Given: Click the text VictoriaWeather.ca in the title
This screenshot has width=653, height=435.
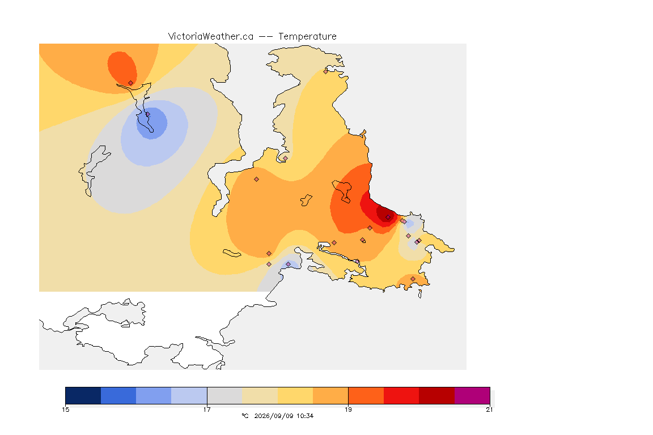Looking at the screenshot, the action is pos(211,37).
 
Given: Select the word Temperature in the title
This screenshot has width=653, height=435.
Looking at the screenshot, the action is pos(307,37).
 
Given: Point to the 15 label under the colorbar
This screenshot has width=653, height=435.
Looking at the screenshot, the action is pos(66,410).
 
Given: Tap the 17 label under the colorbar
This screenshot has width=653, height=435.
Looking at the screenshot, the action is pos(207,410).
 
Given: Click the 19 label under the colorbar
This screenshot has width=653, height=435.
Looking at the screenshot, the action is pos(348,410).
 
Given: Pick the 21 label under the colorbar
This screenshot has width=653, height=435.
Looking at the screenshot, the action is pos(489,410).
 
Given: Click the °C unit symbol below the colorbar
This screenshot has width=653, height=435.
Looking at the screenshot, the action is pos(245,416).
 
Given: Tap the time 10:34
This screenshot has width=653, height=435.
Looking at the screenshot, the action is pos(305,416).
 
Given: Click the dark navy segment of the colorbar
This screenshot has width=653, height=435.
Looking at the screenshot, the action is pos(83,395).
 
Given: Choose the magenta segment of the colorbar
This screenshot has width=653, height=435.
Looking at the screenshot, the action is pos(472,395).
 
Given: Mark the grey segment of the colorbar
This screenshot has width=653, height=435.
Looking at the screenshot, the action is pos(225,395).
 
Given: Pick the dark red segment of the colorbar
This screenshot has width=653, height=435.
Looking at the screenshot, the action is pos(437,395).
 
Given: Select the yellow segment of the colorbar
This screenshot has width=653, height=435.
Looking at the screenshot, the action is pos(295,395).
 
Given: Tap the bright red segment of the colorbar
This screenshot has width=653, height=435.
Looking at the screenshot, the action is pos(401,395).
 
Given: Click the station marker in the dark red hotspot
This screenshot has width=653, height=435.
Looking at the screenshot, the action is pos(388,217).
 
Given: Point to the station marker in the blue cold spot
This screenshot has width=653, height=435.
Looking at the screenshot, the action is pos(147,114).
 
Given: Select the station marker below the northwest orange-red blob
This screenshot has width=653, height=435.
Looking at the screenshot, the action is pos(131,83).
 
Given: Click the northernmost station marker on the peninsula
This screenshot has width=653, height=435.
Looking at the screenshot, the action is pos(326,71).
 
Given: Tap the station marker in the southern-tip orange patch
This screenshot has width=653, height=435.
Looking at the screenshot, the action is pos(413,279).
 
